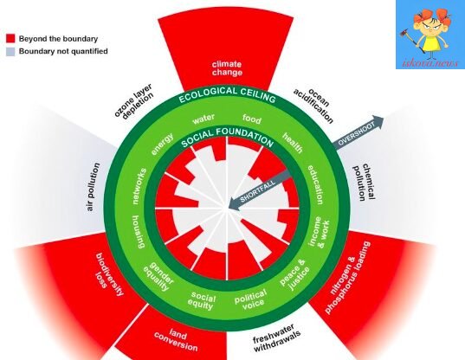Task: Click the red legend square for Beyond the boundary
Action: (x=10, y=39)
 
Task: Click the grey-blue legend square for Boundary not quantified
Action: (x=10, y=51)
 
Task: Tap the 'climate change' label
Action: (x=227, y=68)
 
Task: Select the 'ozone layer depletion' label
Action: (x=133, y=101)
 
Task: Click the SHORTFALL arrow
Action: (x=260, y=190)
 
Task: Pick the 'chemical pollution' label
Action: (x=364, y=183)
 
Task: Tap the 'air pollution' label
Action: (x=94, y=187)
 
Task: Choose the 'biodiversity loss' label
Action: (x=109, y=274)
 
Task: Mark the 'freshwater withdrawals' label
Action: (x=276, y=337)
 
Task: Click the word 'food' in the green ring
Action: (x=252, y=119)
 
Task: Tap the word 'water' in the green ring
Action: (x=203, y=119)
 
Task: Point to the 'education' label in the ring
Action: (x=315, y=185)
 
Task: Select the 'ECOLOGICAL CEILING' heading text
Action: (x=227, y=94)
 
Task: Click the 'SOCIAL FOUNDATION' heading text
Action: (x=227, y=138)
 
